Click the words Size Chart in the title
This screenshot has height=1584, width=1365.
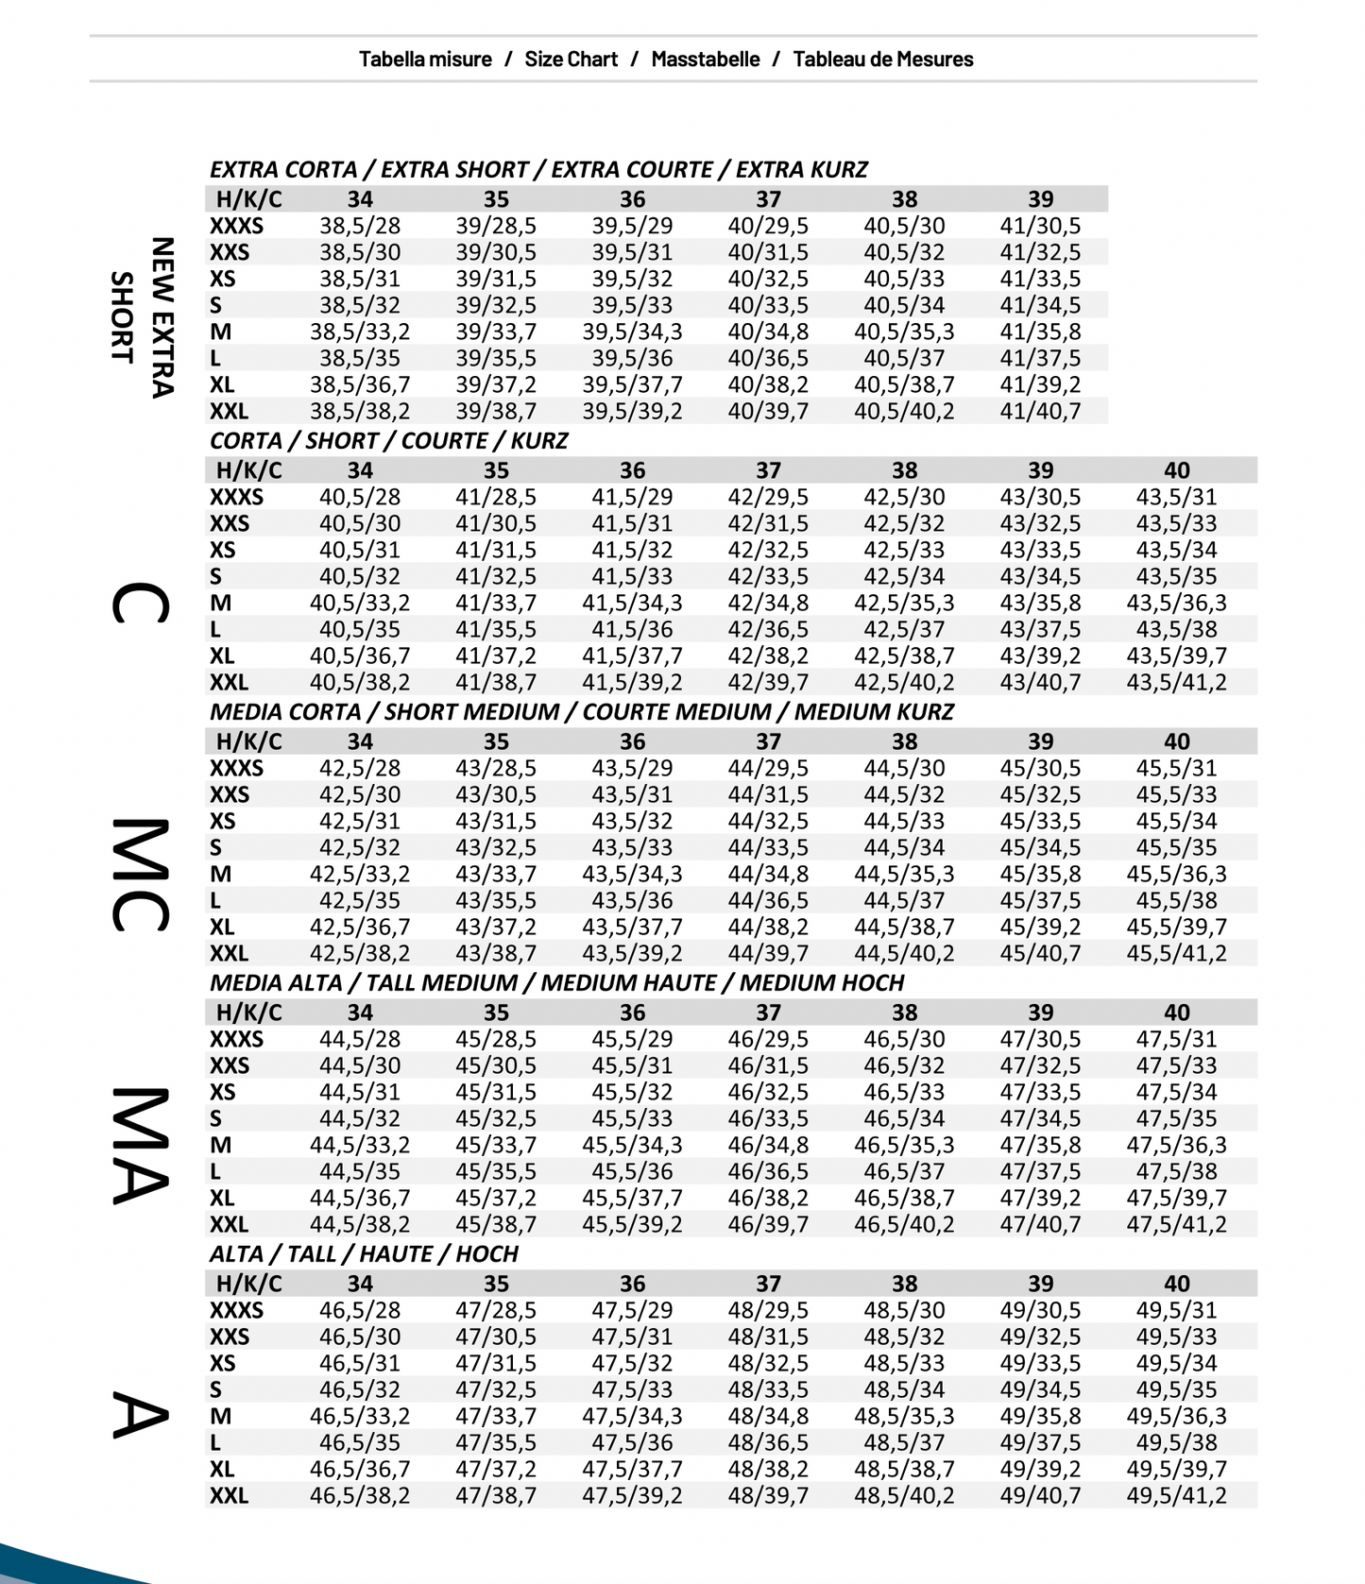pyautogui.click(x=571, y=59)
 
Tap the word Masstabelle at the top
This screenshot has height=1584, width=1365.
pyautogui.click(x=705, y=59)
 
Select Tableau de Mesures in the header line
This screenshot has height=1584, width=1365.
pyautogui.click(x=882, y=59)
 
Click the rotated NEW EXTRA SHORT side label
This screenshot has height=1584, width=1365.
pyautogui.click(x=143, y=317)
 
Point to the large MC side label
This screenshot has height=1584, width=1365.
pyautogui.click(x=141, y=875)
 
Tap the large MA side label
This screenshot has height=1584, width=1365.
pyautogui.click(x=141, y=1146)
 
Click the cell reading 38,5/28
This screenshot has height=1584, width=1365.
pyautogui.click(x=360, y=226)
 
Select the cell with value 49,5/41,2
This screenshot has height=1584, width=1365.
pyautogui.click(x=1176, y=1495)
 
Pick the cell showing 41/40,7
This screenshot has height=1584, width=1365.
pyautogui.click(x=1040, y=411)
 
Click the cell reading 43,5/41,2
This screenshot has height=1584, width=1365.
pyautogui.click(x=1176, y=682)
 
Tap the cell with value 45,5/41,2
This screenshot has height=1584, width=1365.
pyautogui.click(x=1176, y=953)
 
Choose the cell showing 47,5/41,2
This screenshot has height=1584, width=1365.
pyautogui.click(x=1176, y=1224)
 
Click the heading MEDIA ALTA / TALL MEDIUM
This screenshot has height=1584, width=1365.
pyautogui.click(x=556, y=982)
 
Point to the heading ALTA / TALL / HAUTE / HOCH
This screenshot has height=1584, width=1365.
pyautogui.click(x=364, y=1253)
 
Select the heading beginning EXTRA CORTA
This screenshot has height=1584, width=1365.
pyautogui.click(x=538, y=169)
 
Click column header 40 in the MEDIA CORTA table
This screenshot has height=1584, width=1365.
pyautogui.click(x=1176, y=741)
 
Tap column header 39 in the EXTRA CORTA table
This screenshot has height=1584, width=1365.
pyautogui.click(x=1040, y=199)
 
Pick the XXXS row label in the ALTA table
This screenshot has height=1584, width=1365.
pyautogui.click(x=236, y=1310)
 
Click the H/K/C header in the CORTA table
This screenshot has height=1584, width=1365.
pyautogui.click(x=248, y=470)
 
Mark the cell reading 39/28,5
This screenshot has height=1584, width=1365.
pyautogui.click(x=496, y=226)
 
